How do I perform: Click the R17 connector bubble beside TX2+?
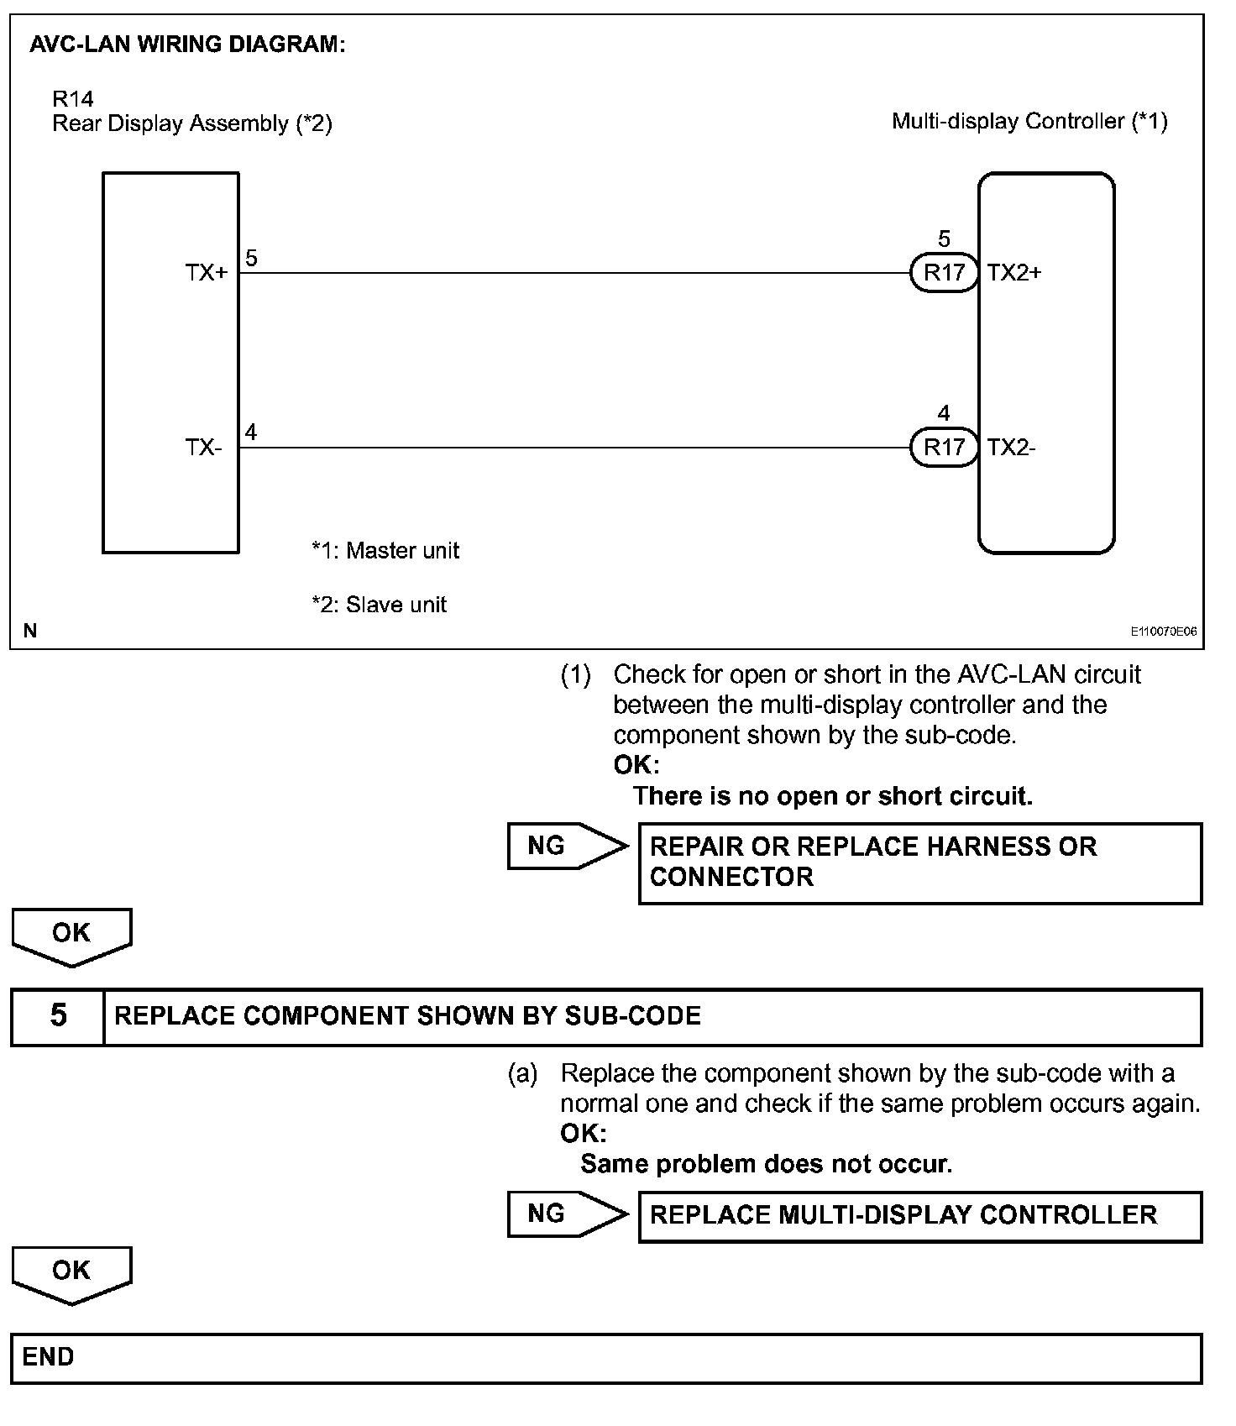944,273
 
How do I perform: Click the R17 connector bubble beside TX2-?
944,447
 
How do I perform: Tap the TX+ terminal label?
207,273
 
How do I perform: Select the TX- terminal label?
204,448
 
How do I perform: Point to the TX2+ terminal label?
1014,273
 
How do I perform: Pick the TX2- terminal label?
1012,448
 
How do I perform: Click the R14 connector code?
73,99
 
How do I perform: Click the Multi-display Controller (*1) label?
1029,122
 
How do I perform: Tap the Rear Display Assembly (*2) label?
192,124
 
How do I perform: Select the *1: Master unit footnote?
385,551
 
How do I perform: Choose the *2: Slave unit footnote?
379,605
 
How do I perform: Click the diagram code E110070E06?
1163,632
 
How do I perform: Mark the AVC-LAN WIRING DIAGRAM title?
187,45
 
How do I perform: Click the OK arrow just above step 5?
71,935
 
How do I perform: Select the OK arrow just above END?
71,1271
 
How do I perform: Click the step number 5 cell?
58,1016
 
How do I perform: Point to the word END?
48,1357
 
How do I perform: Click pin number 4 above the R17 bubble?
944,413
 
